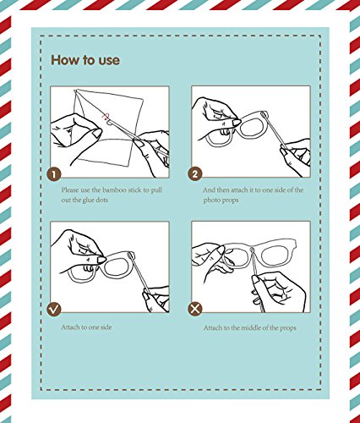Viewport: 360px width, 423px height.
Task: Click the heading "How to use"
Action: [x=85, y=60]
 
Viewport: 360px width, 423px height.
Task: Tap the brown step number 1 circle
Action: [x=54, y=173]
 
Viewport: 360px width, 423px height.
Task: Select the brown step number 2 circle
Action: [x=195, y=173]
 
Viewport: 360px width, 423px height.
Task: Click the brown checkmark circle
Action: [x=54, y=309]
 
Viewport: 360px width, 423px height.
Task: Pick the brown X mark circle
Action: [x=195, y=309]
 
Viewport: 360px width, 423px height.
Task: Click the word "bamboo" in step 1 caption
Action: [x=114, y=190]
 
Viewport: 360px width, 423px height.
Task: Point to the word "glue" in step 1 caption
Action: [x=88, y=201]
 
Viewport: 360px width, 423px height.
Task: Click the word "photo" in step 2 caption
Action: [x=211, y=201]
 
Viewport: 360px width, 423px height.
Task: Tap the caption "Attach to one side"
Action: [x=86, y=327]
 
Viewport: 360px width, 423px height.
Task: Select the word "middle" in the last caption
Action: [x=251, y=328]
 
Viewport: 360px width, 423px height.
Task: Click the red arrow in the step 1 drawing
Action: [x=106, y=116]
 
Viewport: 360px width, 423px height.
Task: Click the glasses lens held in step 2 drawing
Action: [x=254, y=127]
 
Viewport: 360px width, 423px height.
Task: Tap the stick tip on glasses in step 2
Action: [x=265, y=114]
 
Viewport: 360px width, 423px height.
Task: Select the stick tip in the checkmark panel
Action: [x=131, y=255]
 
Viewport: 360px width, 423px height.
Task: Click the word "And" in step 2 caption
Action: [x=209, y=190]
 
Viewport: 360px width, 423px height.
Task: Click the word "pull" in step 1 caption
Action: [x=156, y=190]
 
